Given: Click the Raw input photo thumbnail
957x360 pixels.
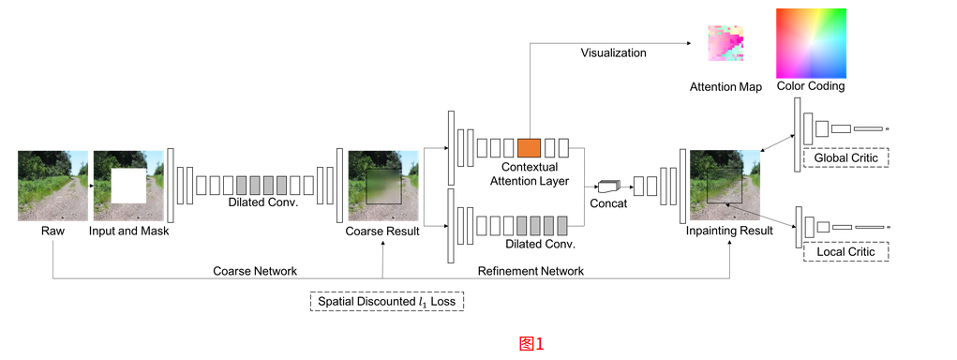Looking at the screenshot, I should click(x=52, y=186).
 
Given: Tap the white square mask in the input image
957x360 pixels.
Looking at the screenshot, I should click(x=129, y=187).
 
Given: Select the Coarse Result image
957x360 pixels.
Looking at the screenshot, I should click(x=382, y=186).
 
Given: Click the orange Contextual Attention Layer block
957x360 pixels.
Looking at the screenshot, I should click(x=529, y=147).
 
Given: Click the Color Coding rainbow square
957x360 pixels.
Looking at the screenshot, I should click(x=811, y=43).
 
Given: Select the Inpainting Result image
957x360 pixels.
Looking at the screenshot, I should click(x=725, y=186).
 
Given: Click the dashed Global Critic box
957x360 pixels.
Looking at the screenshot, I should click(x=845, y=157).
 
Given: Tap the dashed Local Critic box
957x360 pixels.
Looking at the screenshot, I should click(x=845, y=252).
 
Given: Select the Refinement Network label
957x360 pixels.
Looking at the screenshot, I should click(x=531, y=271).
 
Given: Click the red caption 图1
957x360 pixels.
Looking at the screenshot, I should click(x=531, y=343).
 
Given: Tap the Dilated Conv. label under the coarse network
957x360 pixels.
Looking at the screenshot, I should click(x=262, y=202).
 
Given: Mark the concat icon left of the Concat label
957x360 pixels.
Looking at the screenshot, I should click(x=609, y=185).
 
